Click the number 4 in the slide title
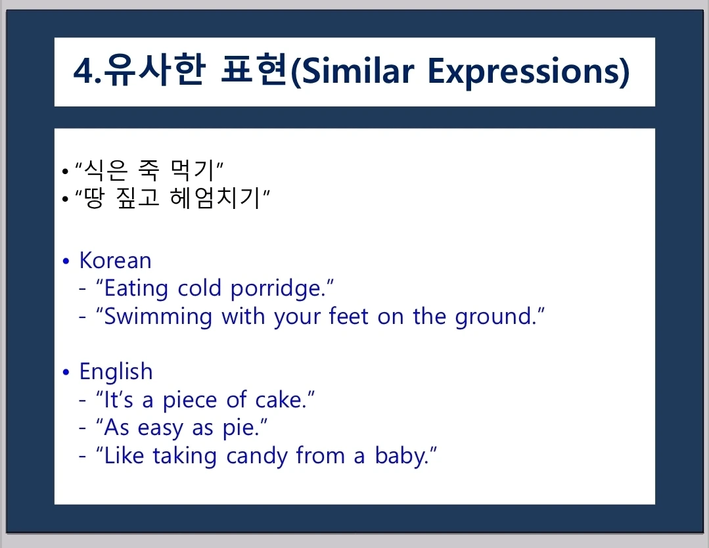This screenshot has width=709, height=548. coord(84,72)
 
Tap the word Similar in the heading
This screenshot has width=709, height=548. coord(357,72)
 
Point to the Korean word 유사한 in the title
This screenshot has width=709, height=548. coord(154,70)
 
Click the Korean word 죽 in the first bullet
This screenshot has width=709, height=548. coord(149,170)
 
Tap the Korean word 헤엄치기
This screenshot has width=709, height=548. coord(215,198)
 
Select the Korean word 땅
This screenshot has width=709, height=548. coord(94,198)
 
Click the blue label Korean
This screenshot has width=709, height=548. coord(115,260)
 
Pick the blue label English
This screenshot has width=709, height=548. coord(116,372)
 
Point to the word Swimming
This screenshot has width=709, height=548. coord(158,317)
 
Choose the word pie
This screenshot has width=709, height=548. coord(241,428)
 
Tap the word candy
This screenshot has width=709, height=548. coord(257,456)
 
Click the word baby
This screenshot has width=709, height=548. coord(401,456)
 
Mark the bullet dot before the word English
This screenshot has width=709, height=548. coord(66,372)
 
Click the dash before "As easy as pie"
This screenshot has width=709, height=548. coord(82,427)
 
